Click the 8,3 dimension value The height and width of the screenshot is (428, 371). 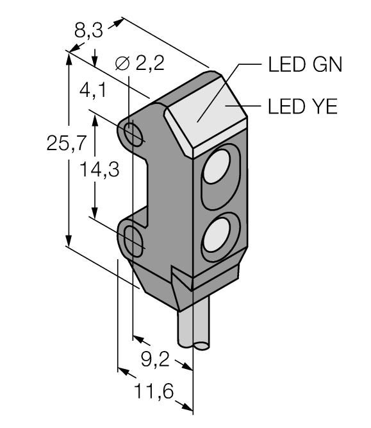(x=89, y=30)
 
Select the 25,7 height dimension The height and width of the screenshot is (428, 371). (x=67, y=142)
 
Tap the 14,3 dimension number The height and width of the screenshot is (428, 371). (x=99, y=169)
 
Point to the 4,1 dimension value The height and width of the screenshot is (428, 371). (x=93, y=90)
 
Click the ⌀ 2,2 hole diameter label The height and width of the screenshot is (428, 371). (x=140, y=64)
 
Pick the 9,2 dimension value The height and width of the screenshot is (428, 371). (x=155, y=359)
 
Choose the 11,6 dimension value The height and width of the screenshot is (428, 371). (x=154, y=391)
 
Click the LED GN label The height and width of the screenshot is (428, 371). (x=305, y=65)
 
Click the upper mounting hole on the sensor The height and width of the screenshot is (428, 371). (x=133, y=134)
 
